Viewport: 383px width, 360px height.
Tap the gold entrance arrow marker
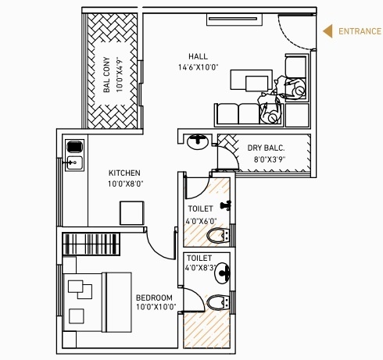click(x=329, y=32)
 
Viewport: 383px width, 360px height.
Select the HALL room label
click(x=198, y=55)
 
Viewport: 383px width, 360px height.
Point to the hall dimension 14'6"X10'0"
click(x=199, y=67)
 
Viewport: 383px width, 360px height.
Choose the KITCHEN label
click(x=124, y=173)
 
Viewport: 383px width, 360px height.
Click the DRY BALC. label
click(x=266, y=148)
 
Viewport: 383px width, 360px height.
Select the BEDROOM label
click(x=154, y=298)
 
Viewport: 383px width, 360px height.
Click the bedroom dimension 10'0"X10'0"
click(x=156, y=308)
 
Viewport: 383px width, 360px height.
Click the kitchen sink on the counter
click(x=75, y=162)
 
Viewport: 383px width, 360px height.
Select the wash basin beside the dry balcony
click(x=199, y=141)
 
